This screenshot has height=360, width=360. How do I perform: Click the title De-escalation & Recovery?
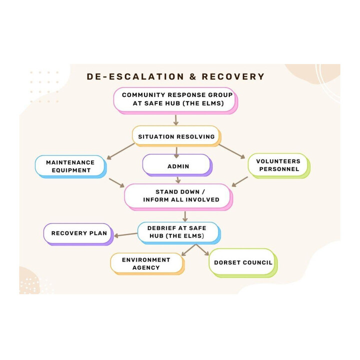[175, 76]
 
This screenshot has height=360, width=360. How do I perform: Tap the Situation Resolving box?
[176, 136]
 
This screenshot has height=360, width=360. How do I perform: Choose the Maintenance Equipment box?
[69, 166]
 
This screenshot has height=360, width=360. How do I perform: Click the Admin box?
[177, 165]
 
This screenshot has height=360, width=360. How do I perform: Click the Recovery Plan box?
[78, 233]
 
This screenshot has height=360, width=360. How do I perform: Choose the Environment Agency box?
[146, 263]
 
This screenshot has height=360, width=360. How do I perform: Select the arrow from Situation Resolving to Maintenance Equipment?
[120, 151]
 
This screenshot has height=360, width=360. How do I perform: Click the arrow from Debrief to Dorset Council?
[202, 250]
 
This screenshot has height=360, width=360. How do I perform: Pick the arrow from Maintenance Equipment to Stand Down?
[116, 182]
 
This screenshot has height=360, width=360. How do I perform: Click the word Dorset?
[228, 262]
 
